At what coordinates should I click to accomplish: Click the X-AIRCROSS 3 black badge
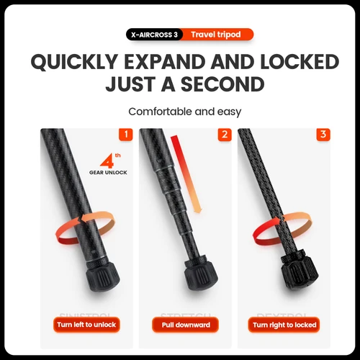[154, 34]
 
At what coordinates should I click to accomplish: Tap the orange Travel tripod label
[217, 34]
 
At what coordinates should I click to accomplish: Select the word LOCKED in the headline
[294, 62]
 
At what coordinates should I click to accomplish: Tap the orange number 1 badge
[125, 135]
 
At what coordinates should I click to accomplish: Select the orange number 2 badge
[225, 135]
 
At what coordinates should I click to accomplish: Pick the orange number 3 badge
[323, 135]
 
